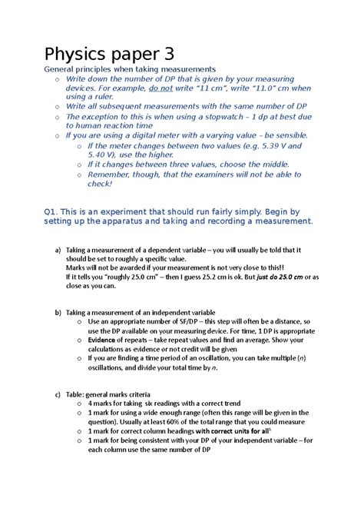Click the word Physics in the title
(x=74, y=55)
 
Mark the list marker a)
(x=57, y=250)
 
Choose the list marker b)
(x=57, y=313)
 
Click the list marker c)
(x=57, y=395)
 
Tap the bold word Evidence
(x=103, y=341)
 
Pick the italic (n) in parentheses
(x=303, y=358)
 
